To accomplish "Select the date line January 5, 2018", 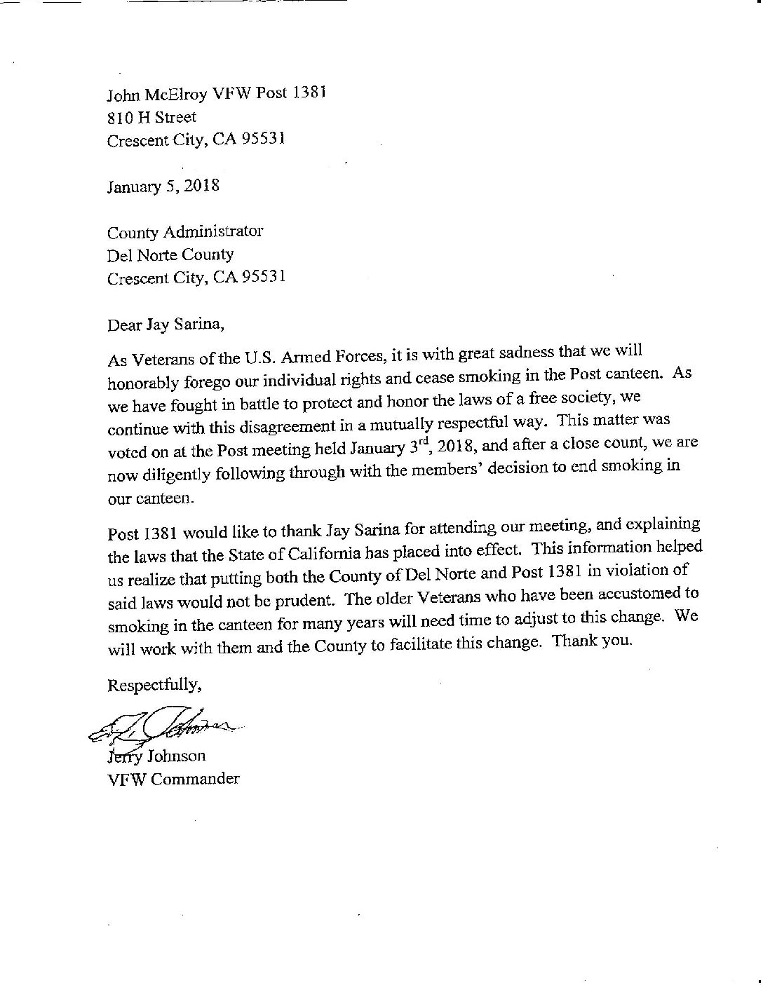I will (x=163, y=186).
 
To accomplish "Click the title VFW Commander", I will (x=173, y=779).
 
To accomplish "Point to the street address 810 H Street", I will (x=151, y=117).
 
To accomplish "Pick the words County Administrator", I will (x=185, y=231).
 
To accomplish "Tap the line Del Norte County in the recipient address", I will (x=170, y=254).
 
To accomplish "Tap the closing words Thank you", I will (x=593, y=641).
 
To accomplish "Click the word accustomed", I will (x=645, y=593).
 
